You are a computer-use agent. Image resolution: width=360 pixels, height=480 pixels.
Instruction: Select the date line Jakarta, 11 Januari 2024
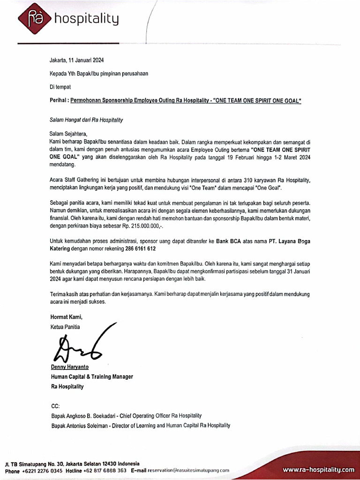[x=77, y=60]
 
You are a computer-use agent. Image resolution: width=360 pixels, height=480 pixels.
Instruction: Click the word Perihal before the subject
[x=60, y=101]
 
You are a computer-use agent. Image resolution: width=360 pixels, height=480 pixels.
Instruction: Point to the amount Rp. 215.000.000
[x=145, y=226]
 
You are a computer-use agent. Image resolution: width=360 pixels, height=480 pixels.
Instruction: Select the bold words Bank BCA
[x=229, y=241]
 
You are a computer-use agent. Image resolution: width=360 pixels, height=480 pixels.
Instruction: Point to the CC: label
[x=55, y=406]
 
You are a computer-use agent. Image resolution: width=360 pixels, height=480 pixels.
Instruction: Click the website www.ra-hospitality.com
[x=318, y=469]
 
